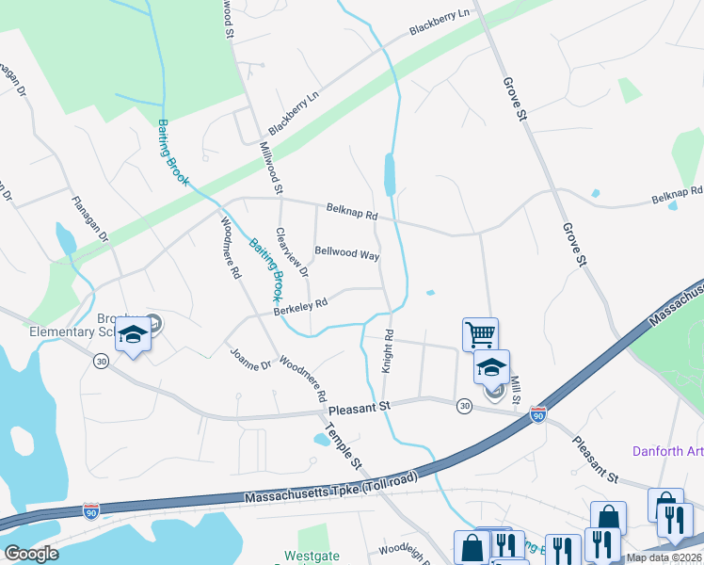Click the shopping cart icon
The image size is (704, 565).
click(480, 333)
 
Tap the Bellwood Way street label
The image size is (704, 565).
click(347, 254)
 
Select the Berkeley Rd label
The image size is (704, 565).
click(300, 304)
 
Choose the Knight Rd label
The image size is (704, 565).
click(387, 350)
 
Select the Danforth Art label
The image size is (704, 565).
click(670, 451)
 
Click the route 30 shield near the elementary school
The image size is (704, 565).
click(100, 360)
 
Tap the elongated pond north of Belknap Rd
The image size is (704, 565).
click(390, 173)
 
